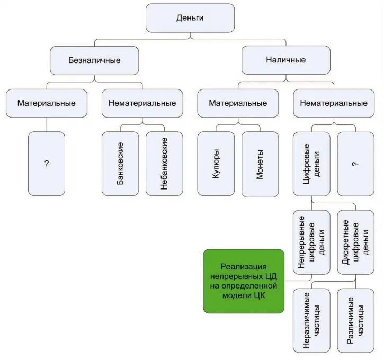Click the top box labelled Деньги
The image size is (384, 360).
pos(190,18)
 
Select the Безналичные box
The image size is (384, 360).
pos(94,60)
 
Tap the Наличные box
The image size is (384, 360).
pos(286,60)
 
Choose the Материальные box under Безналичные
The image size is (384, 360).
pos(47,103)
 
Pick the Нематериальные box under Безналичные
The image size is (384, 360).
pos(142,103)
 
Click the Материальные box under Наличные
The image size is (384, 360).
pos(238,103)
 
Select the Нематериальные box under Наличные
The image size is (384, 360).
pos(334,103)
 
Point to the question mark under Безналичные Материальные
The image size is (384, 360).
pos(47,163)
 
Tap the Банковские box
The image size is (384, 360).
pos(120,164)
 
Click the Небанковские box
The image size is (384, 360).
pos(164,164)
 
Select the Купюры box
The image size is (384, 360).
pos(216,164)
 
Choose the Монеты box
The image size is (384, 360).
pos(260,164)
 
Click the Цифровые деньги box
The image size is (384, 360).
pos(311,164)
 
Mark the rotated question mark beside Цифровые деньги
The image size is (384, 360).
pos(355,164)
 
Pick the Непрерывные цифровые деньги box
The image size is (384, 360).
pos(311,242)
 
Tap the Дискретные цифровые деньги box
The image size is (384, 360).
pos(355,242)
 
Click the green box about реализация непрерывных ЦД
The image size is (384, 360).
pos(244,281)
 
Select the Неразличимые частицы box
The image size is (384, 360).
pos(311,321)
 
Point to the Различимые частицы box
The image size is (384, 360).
pos(355,321)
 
